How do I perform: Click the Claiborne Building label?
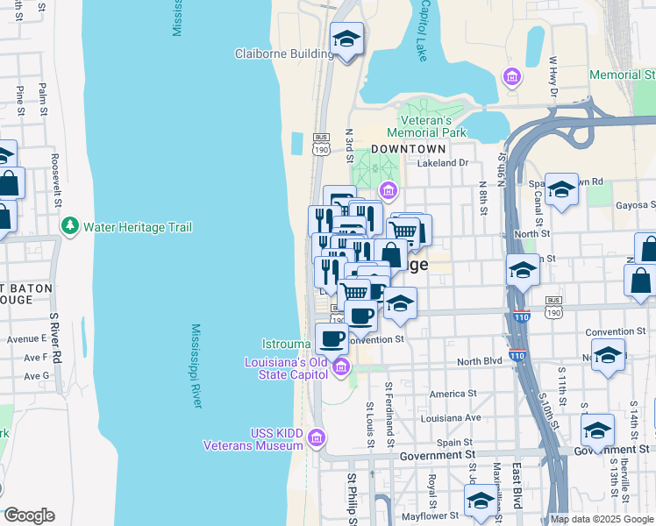tap(284, 53)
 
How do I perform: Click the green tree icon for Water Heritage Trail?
tap(70, 226)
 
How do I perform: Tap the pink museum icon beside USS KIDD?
tap(317, 437)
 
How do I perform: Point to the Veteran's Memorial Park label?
tap(425, 126)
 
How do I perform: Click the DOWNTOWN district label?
tap(403, 149)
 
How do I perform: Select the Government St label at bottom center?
tap(437, 455)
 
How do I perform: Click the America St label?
tap(453, 394)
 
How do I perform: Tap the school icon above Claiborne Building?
tap(346, 39)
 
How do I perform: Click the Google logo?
tap(29, 515)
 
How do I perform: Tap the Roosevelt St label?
tap(55, 174)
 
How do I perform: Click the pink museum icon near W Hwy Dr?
tap(512, 79)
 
